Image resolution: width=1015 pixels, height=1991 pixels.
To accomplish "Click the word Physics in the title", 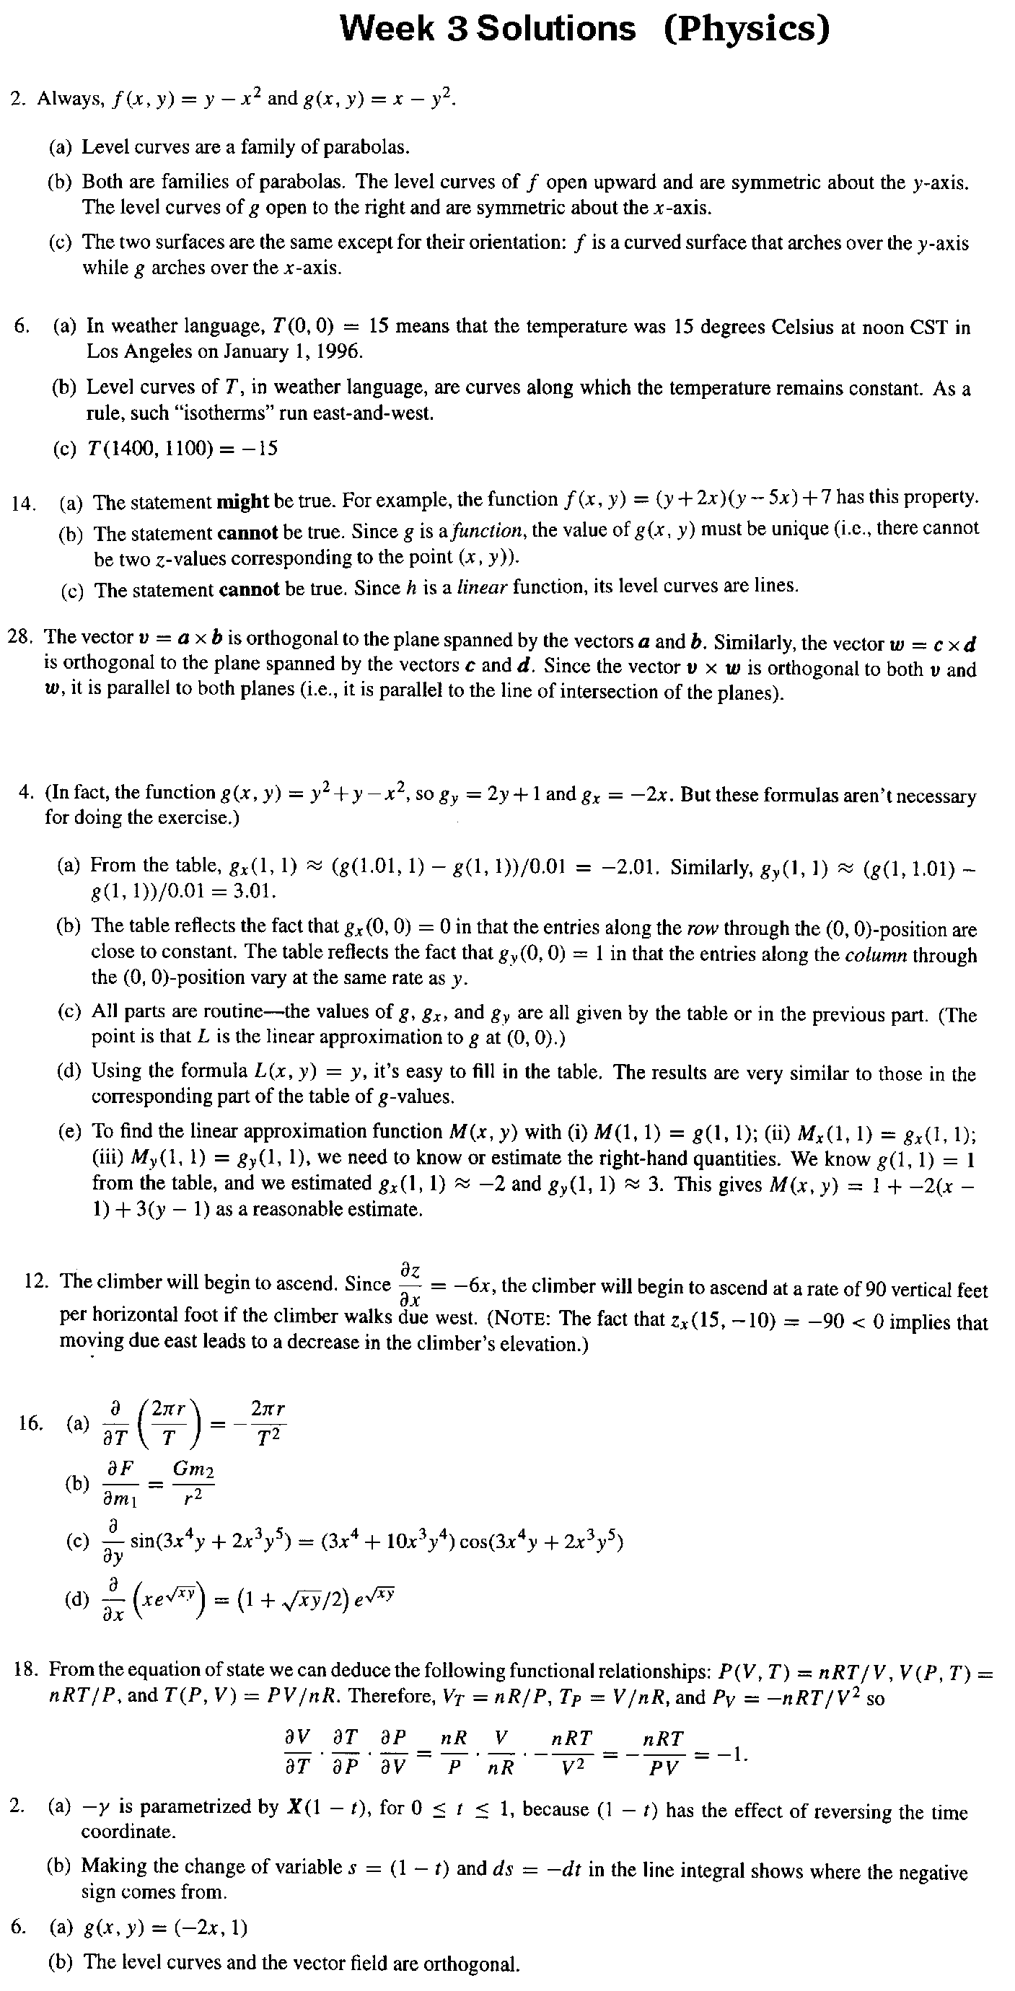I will [x=746, y=30].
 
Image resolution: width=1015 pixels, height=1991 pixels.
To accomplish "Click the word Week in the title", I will [x=387, y=30].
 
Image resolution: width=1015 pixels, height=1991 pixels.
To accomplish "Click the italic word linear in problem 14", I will [x=482, y=587].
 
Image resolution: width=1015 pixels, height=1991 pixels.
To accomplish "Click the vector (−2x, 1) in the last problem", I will [x=210, y=1928].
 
